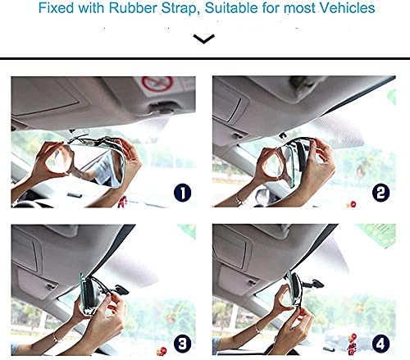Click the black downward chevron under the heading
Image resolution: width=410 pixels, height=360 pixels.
coord(204,38)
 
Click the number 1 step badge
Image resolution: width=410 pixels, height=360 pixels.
coord(183,194)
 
